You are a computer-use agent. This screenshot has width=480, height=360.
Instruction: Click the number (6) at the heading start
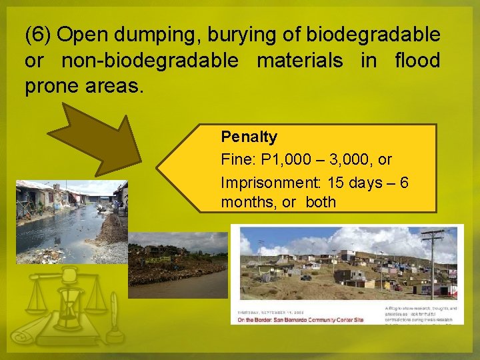38,34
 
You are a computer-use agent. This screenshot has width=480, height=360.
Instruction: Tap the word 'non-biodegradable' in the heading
149,61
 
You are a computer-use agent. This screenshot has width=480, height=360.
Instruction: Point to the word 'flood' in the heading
417,61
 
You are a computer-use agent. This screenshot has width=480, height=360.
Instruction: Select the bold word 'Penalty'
249,137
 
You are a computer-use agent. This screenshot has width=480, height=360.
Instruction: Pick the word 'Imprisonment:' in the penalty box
263,181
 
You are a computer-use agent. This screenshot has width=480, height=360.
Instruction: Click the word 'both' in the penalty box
321,202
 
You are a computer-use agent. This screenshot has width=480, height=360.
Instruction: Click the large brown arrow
101,139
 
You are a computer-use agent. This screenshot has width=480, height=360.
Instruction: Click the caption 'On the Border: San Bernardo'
300,321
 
